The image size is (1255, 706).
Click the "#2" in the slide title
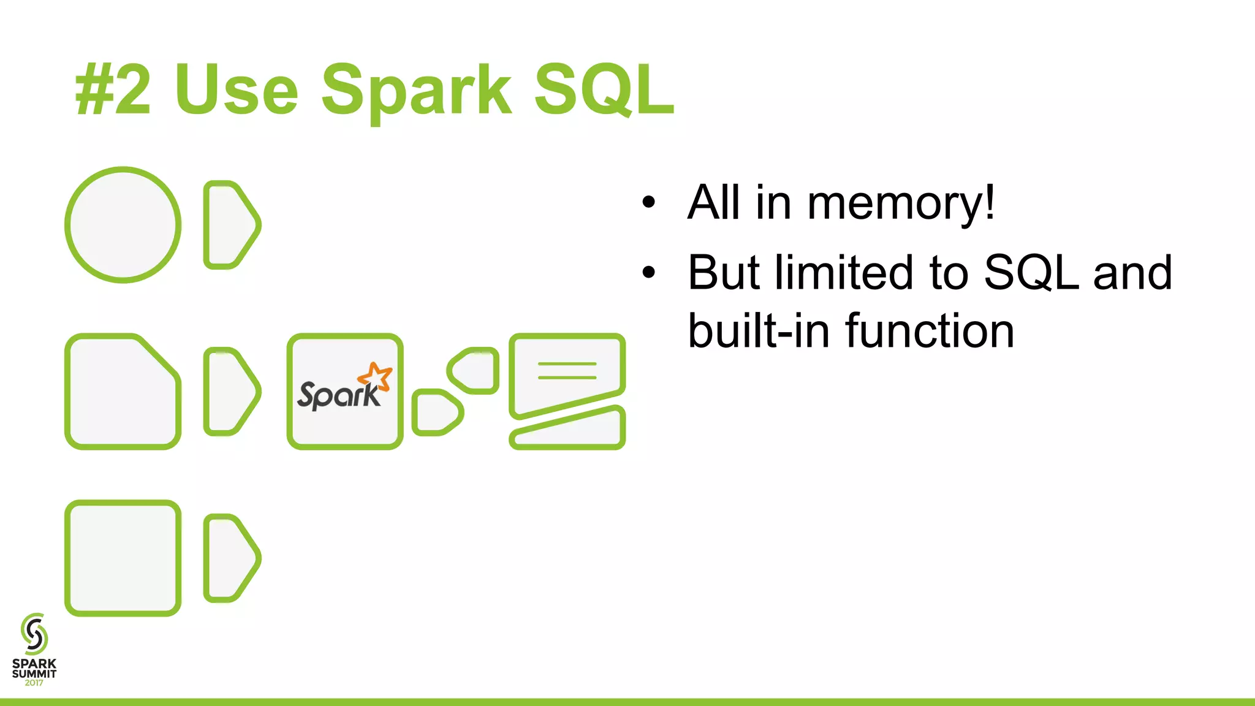(113, 91)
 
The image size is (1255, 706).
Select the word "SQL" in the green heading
(604, 89)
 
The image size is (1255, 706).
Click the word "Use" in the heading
(236, 91)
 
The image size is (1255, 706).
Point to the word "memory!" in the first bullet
(901, 203)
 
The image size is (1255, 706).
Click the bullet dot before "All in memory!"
(648, 202)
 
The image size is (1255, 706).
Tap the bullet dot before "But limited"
(648, 273)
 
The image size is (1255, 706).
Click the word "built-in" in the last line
(759, 331)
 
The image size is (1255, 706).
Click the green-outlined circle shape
(123, 225)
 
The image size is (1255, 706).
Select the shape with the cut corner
(123, 392)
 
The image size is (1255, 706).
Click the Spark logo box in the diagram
(345, 392)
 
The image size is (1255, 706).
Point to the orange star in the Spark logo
(376, 375)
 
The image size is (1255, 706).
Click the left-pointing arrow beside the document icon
(473, 370)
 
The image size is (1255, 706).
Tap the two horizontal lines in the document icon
(567, 370)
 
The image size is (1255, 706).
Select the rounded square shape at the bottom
(123, 558)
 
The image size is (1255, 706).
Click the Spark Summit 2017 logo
(34, 650)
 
